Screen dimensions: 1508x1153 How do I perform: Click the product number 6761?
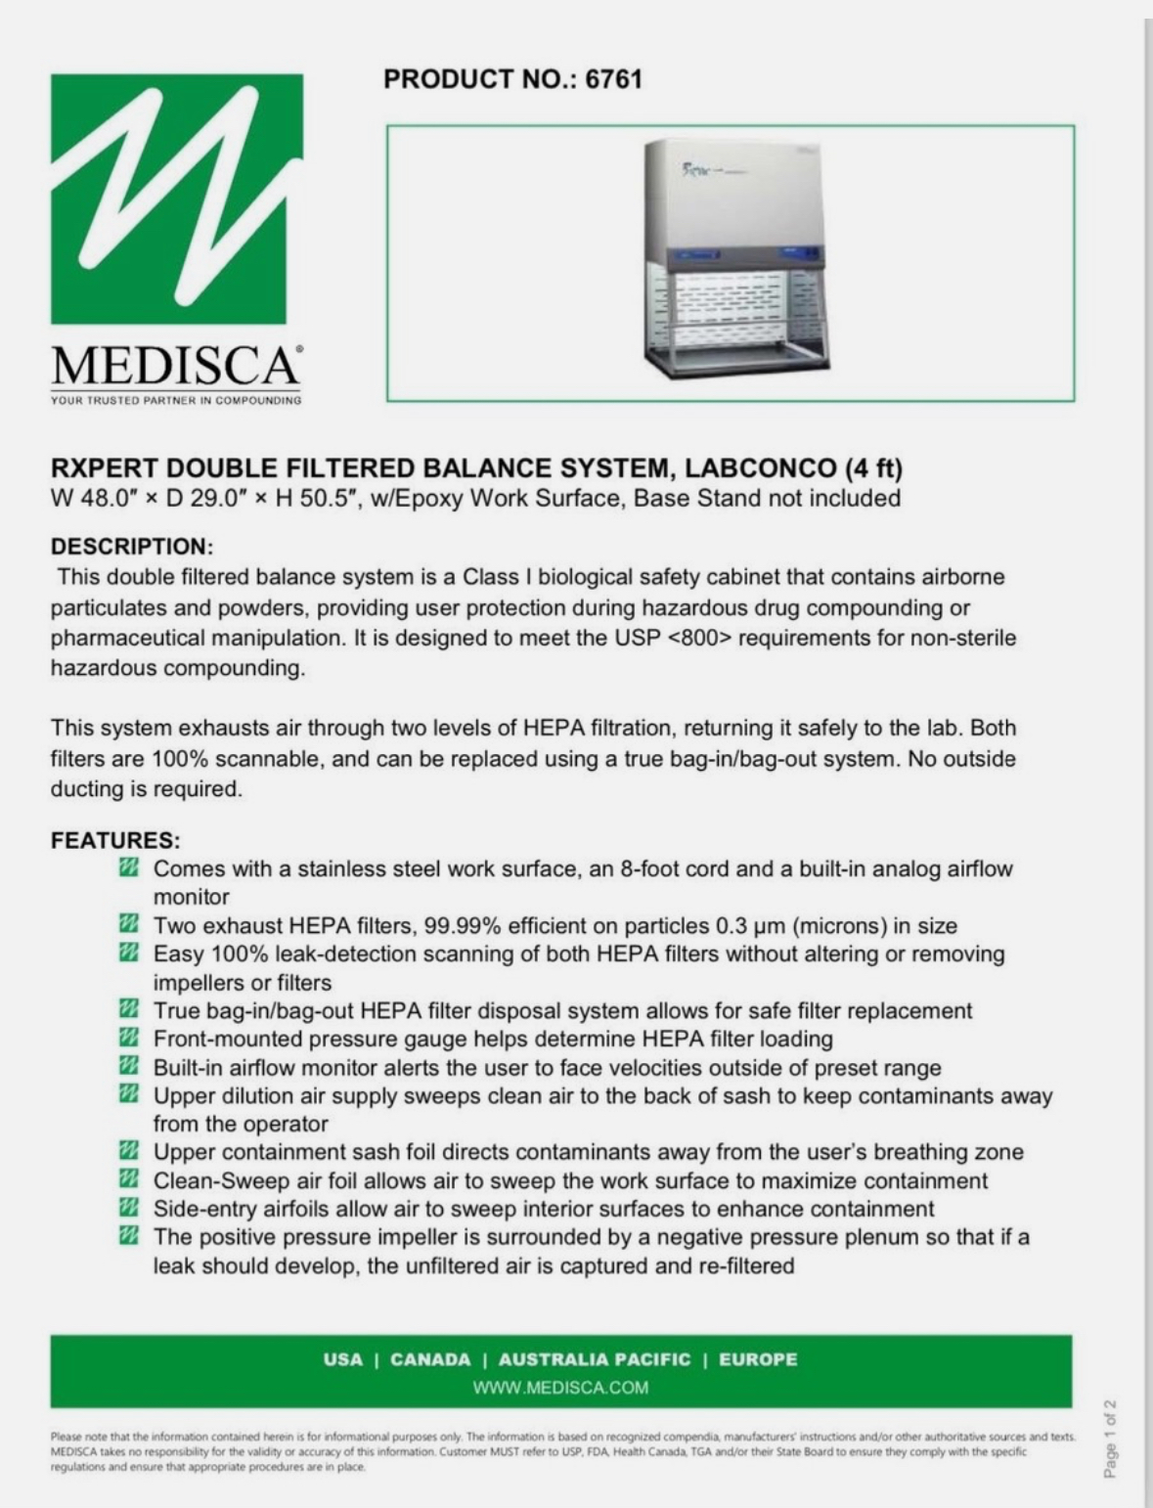(613, 79)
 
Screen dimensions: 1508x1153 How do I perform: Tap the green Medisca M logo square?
(176, 199)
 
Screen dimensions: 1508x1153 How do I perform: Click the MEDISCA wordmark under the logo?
(176, 366)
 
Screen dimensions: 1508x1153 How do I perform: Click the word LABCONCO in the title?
(759, 467)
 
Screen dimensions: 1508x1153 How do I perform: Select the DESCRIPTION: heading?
(132, 546)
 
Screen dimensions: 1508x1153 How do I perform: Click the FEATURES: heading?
(115, 840)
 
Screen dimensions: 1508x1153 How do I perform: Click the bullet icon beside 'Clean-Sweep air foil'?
(127, 1179)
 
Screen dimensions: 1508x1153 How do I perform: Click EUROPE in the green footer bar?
(758, 1359)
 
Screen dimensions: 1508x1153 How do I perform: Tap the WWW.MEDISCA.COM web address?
(560, 1387)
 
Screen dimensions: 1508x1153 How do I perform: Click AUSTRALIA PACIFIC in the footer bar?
(594, 1359)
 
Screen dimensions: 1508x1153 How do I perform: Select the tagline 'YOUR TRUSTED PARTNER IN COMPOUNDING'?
(176, 400)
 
